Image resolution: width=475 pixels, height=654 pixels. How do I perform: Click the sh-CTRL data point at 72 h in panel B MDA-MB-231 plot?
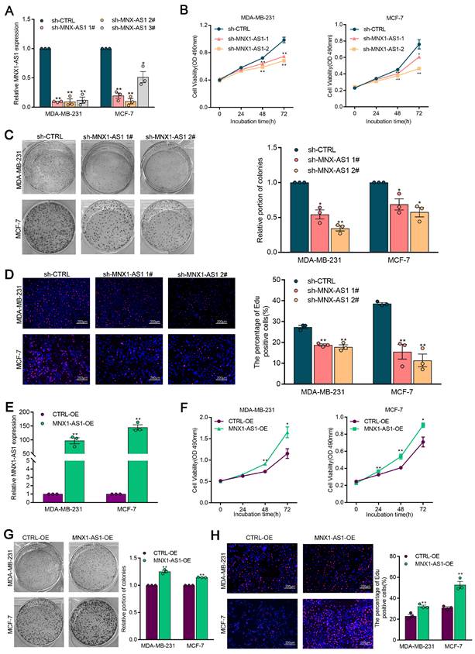[284, 40]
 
